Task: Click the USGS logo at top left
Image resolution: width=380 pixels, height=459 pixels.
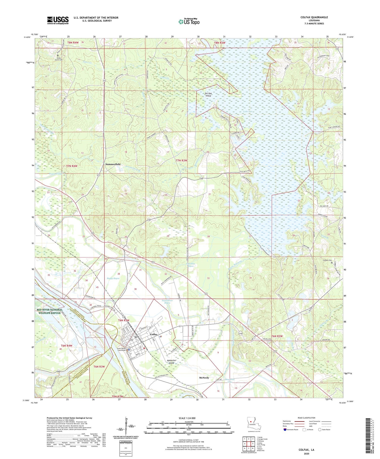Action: point(58,20)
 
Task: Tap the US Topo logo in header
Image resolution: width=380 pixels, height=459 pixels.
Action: point(189,22)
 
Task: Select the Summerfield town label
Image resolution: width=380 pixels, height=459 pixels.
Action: point(113,164)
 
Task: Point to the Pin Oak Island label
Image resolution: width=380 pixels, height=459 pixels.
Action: point(208,95)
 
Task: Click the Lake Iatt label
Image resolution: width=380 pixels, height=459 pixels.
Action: point(248,111)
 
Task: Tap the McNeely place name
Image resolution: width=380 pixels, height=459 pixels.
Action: point(204,378)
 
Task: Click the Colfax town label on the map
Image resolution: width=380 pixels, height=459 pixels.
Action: point(154,334)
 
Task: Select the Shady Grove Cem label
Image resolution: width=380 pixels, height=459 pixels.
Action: point(59,59)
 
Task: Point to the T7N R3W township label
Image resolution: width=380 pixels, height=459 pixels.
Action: point(182,161)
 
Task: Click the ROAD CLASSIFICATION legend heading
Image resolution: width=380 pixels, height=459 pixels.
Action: point(306,418)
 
